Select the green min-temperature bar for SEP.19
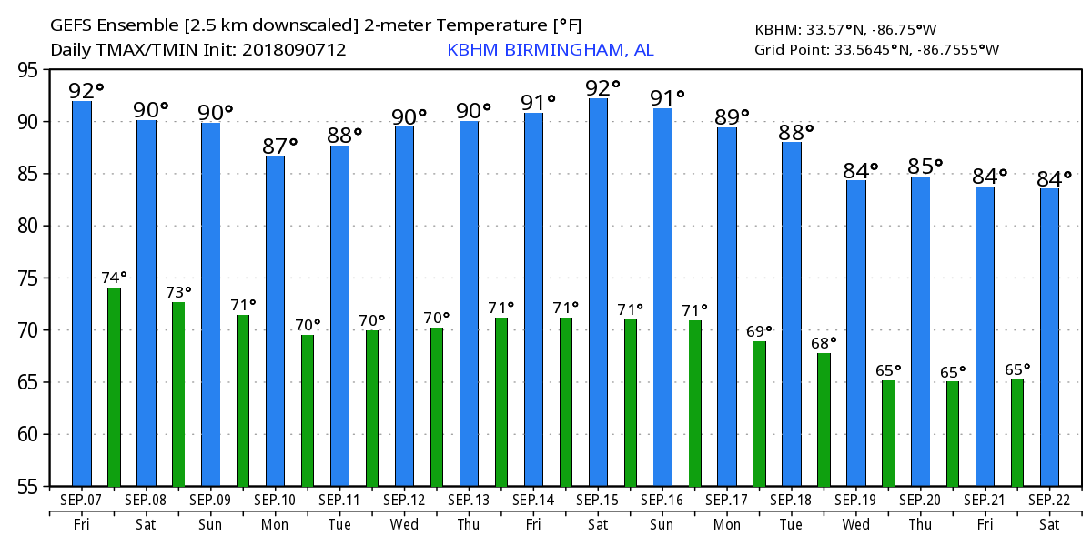(888, 433)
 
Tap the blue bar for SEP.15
(599, 292)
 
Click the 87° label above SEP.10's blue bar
(280, 146)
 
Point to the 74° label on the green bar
(114, 278)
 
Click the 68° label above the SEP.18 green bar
(824, 343)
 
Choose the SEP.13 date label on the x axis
(469, 500)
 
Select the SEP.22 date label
(1049, 500)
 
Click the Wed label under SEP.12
(404, 525)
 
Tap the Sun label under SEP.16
(662, 525)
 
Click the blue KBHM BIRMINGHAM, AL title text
(550, 49)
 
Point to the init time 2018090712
(294, 49)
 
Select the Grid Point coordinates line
(876, 49)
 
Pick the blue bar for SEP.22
(1049, 337)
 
